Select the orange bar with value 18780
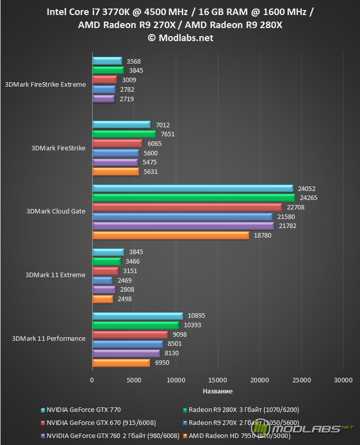[x=170, y=236]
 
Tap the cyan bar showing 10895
[x=137, y=316]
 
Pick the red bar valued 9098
[x=130, y=335]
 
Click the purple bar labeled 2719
[x=104, y=99]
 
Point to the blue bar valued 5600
[x=115, y=153]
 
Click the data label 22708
[x=295, y=207]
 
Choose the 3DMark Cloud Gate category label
[x=56, y=211]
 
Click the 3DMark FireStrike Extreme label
[x=45, y=85]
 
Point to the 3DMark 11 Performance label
[x=48, y=339]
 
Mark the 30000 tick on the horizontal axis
[x=343, y=380]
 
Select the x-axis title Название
[x=217, y=391]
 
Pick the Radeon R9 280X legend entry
[x=243, y=410]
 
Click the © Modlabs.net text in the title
[x=180, y=38]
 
